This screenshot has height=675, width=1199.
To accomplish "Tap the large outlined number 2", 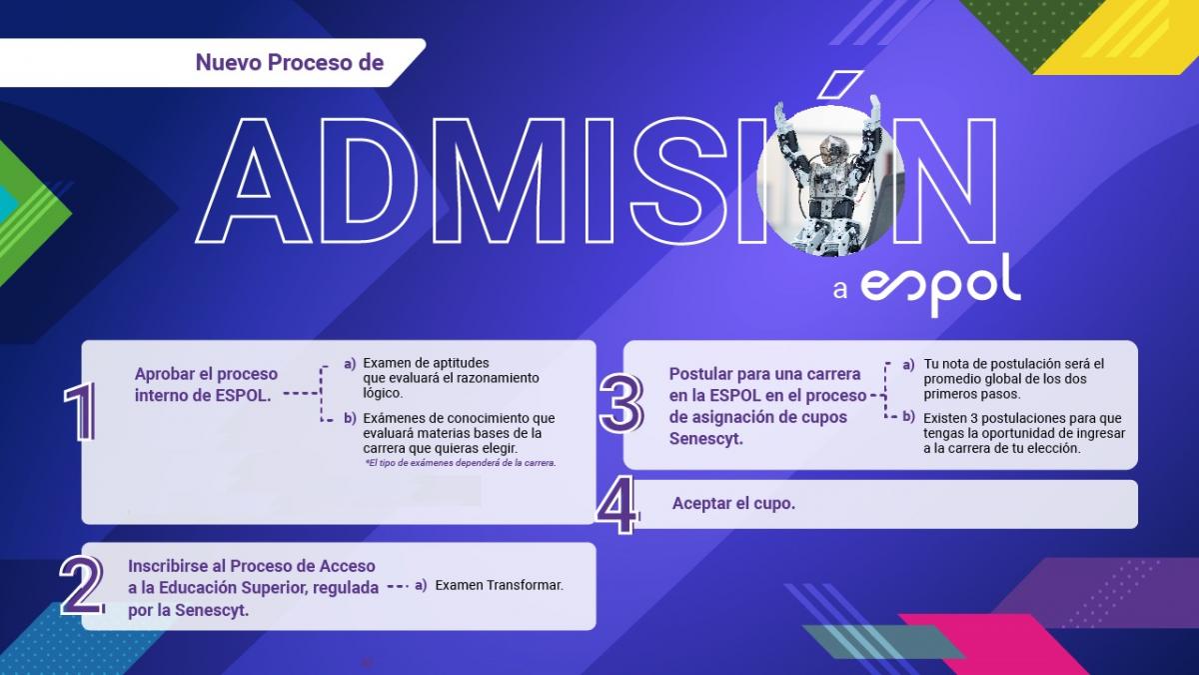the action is tap(81, 585).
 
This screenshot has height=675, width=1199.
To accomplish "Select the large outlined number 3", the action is tap(621, 403).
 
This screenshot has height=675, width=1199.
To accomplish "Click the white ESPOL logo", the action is tap(940, 284).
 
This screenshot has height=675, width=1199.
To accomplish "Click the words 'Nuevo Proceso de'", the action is tap(290, 63).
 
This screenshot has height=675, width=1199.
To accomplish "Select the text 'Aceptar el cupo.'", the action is tap(733, 504).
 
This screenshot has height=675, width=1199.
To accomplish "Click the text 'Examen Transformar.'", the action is tap(500, 586).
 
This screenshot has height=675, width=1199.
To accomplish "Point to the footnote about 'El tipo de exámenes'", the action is tap(461, 463).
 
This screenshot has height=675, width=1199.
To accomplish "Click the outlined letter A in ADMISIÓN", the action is tap(253, 181).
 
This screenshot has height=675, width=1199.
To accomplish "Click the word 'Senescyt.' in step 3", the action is tap(706, 439).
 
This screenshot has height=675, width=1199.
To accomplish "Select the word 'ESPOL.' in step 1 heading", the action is tap(243, 396).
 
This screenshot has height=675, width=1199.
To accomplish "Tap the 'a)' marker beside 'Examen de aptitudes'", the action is tap(350, 364).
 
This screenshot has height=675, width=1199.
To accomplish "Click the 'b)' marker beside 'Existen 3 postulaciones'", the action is tap(908, 417).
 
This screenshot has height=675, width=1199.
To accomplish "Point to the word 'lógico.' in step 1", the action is tap(382, 394).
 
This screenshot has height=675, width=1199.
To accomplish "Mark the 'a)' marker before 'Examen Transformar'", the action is tap(421, 586).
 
